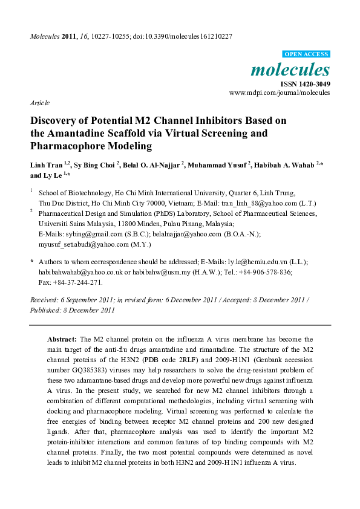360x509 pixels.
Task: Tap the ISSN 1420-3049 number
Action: click(x=305, y=83)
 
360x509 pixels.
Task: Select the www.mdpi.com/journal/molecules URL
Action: click(x=280, y=93)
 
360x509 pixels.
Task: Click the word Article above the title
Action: click(x=40, y=103)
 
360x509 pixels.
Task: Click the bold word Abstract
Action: click(x=62, y=340)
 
